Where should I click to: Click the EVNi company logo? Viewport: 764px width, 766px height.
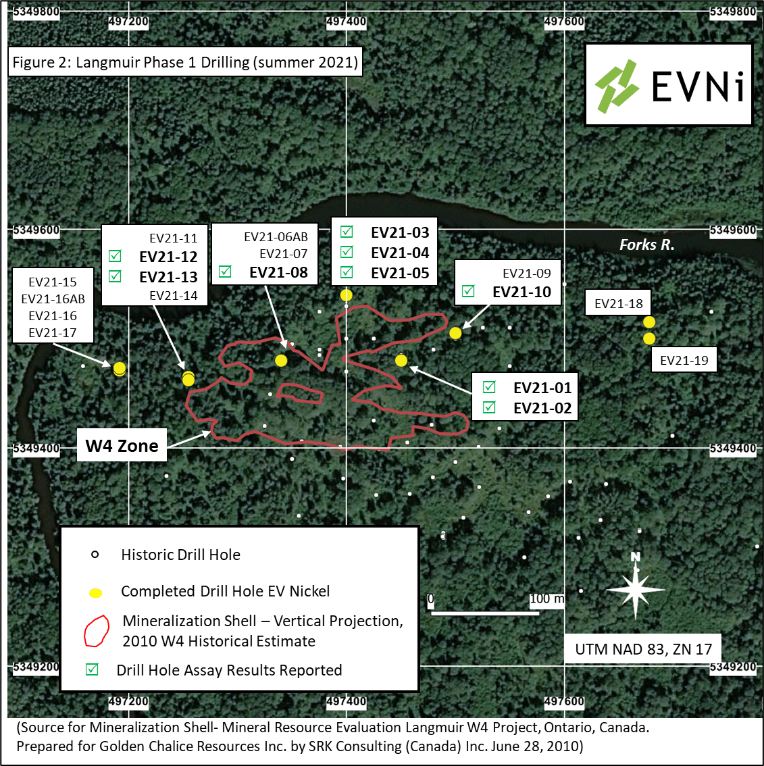[668, 84]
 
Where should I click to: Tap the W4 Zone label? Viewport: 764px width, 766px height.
[122, 445]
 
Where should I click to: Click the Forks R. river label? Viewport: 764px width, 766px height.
[646, 245]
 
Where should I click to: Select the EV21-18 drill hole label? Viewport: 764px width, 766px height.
[619, 303]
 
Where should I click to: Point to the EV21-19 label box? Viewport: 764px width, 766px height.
[684, 360]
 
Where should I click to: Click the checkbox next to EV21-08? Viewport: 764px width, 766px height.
[225, 272]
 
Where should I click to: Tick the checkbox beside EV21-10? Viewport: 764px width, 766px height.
[468, 291]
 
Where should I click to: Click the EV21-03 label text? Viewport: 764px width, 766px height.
[400, 232]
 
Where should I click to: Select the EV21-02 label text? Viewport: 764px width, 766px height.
[542, 408]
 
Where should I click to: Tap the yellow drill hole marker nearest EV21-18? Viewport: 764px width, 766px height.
[648, 322]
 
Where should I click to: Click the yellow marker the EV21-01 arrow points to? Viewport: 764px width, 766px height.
[401, 361]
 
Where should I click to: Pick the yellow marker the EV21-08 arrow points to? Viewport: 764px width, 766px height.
[281, 361]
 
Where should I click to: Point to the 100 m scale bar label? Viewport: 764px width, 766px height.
[546, 598]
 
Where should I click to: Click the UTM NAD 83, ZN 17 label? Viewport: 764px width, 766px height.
[643, 649]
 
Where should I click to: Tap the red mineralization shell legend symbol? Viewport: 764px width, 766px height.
[96, 631]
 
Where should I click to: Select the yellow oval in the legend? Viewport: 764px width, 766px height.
[95, 593]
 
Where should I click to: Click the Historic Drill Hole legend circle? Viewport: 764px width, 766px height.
[95, 555]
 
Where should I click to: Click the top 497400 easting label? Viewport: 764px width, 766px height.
[346, 22]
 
